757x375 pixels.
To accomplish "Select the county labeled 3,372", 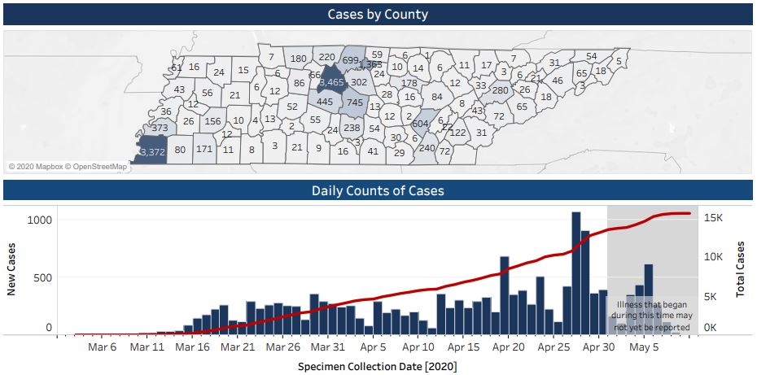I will point(153,152).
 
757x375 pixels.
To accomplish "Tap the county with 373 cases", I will point(160,128).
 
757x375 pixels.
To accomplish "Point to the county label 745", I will point(355,102).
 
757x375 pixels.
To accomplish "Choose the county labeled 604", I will point(421,123).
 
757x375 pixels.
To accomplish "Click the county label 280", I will point(500,89).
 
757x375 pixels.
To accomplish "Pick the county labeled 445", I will point(325,102).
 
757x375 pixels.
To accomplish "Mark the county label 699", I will point(351,60).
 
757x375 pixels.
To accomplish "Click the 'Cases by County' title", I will point(378,15).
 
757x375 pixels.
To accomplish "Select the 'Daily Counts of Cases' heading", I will point(378,191).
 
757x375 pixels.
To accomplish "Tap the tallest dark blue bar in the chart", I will point(575,273).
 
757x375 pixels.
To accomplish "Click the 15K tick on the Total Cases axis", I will point(714,218).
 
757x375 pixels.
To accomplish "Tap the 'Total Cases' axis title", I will point(742,268).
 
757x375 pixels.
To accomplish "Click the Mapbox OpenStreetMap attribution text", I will point(68,167).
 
